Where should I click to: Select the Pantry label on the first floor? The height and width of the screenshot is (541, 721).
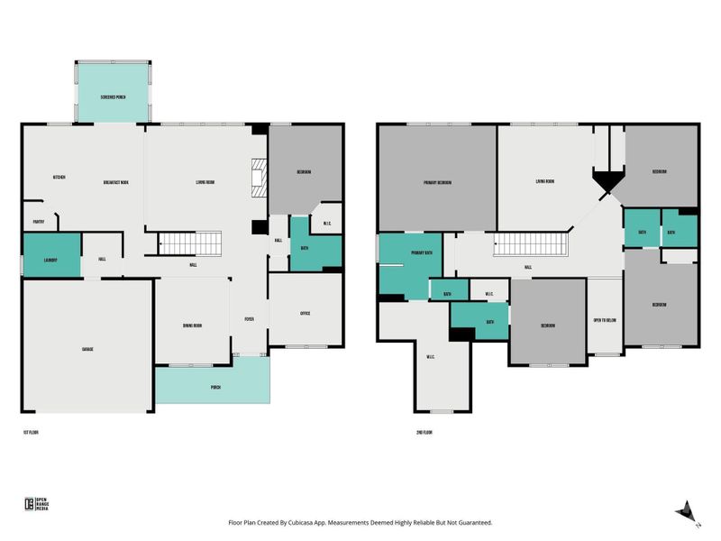39,219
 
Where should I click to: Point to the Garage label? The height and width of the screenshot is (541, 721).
88,349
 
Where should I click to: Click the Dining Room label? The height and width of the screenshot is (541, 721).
192,326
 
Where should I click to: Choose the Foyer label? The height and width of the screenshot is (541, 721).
249,319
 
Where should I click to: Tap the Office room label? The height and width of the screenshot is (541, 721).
305,313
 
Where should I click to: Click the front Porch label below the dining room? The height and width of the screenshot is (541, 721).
215,387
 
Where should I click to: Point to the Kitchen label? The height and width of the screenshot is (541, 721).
59,177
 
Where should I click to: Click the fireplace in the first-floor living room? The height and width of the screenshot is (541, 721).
260,178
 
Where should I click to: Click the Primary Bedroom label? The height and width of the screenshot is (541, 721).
437,182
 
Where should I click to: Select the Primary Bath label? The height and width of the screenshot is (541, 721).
421,253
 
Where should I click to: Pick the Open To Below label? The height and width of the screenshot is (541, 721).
604,320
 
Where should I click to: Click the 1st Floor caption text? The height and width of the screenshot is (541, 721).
31,433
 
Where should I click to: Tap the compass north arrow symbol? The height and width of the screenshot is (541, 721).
686,510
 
